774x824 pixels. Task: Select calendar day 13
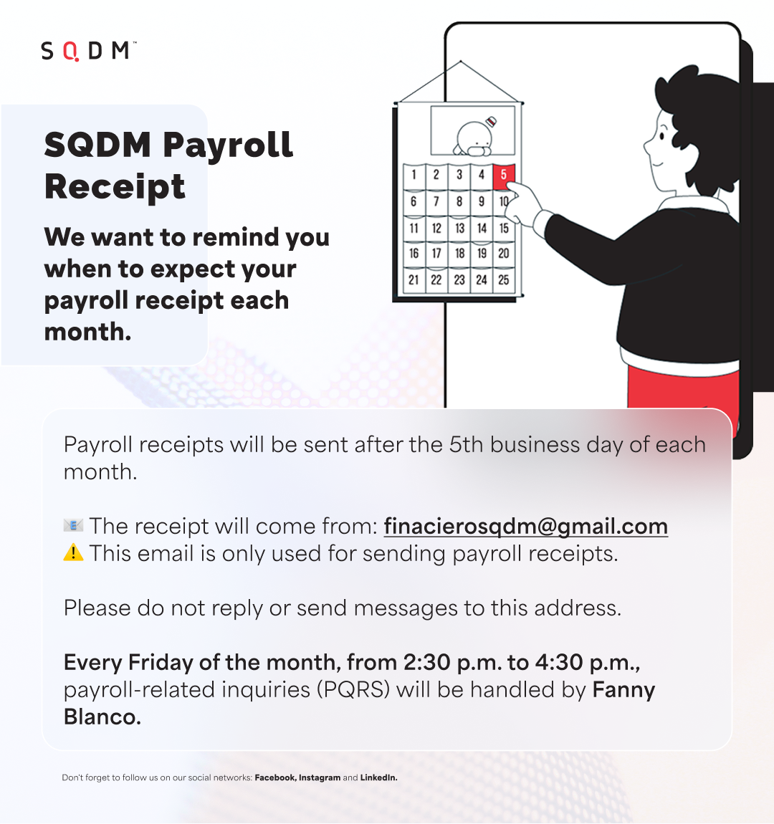pos(460,228)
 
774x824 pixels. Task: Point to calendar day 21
pos(414,280)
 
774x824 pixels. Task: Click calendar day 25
pos(503,280)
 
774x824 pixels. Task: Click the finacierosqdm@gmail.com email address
pos(525,527)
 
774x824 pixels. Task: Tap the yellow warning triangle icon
pos(73,553)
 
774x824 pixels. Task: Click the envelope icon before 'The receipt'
pos(73,525)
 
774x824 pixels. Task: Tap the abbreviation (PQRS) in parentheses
pos(353,690)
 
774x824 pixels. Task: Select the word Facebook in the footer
pos(275,777)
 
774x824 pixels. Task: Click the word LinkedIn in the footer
pos(378,777)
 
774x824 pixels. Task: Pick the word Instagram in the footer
pos(320,777)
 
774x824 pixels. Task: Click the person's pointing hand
pos(523,205)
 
